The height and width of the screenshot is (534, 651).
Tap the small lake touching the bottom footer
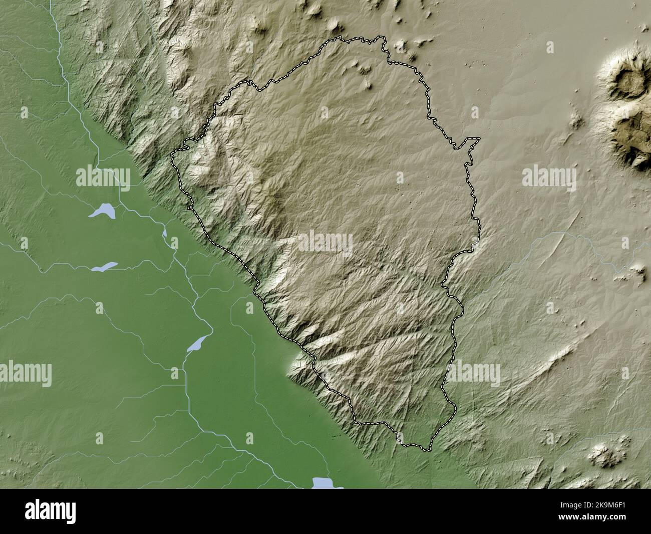(324, 483)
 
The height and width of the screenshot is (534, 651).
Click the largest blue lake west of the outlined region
(103, 211)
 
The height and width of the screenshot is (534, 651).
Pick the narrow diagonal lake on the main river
(197, 343)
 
